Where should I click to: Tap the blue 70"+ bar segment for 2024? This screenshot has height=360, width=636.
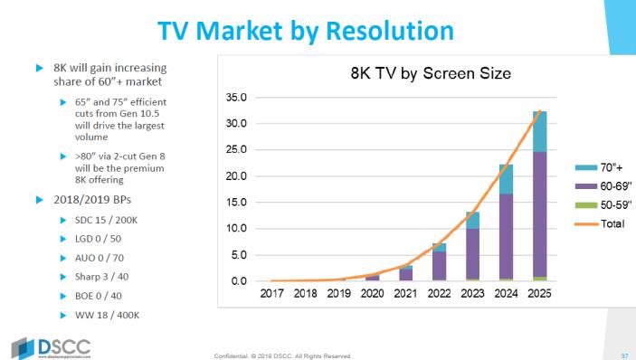point(506,179)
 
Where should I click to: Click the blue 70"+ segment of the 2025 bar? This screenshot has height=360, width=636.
point(538,132)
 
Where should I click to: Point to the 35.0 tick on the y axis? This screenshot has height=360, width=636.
point(235,97)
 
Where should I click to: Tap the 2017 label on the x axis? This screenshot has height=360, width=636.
point(273,294)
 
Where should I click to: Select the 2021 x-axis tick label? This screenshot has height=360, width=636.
point(405,294)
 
